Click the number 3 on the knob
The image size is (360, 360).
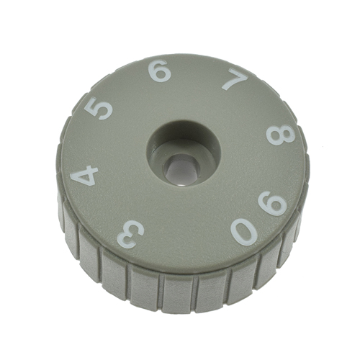130,233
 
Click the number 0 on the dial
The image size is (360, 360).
244,231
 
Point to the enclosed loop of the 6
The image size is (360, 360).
161,74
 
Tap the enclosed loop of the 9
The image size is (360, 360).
278,205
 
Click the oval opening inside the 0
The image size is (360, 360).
244,231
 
